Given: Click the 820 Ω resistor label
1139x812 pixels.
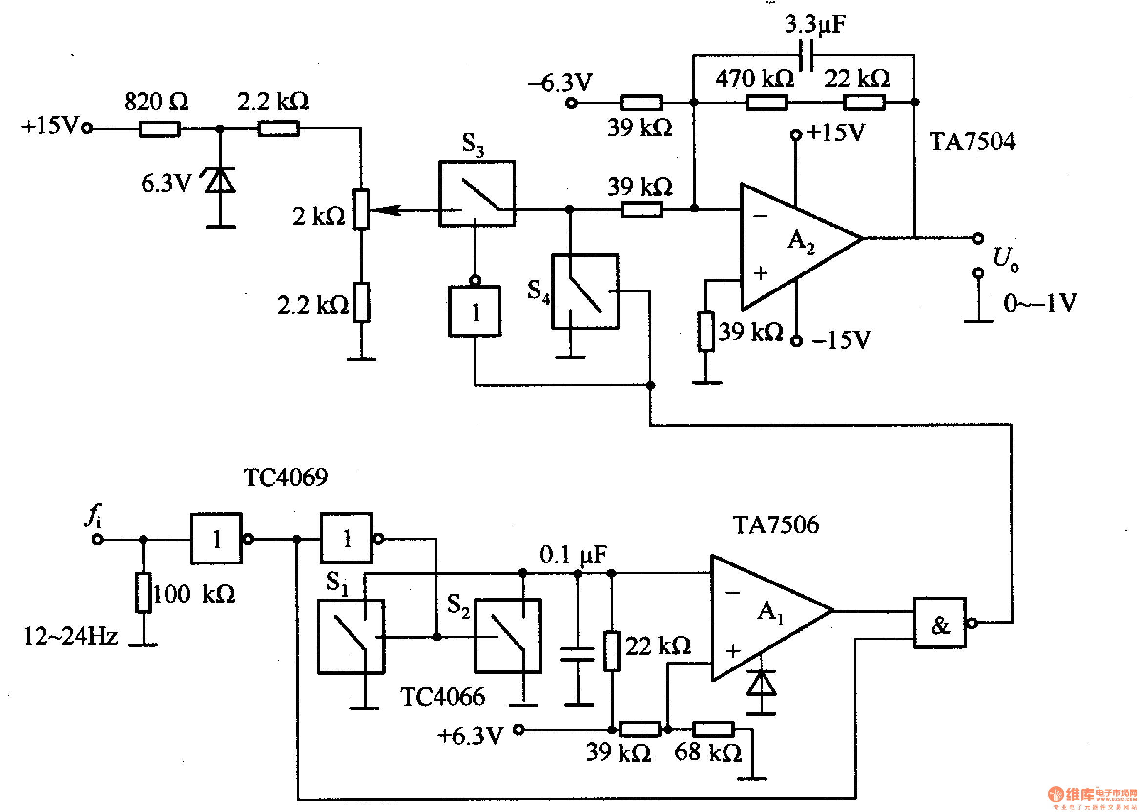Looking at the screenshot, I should [156, 102].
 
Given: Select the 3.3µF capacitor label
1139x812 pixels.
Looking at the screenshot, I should [814, 24].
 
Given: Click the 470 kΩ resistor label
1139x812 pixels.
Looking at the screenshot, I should [753, 79].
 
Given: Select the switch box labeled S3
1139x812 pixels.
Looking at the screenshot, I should [476, 193].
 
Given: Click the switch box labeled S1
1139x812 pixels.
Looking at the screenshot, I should [351, 636].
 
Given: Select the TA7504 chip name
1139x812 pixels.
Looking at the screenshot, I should [972, 142].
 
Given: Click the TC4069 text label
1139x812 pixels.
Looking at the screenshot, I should [285, 477].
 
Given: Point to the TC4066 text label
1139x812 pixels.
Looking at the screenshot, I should [442, 696].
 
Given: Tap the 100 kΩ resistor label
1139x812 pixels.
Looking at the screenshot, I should [194, 594].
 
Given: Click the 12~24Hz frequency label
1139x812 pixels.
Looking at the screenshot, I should [70, 636].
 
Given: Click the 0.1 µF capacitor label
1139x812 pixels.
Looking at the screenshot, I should [573, 555].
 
